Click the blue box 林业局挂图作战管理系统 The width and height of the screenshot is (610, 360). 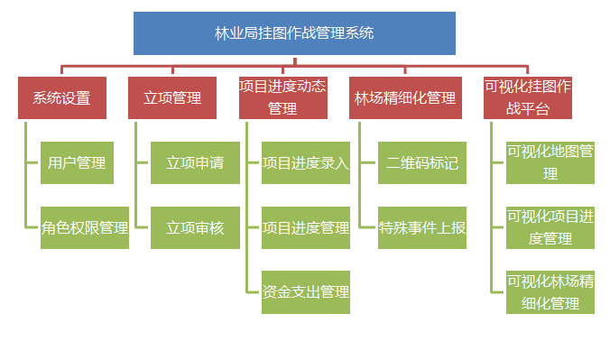(x=294, y=33)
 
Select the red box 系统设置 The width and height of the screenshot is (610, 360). (x=61, y=97)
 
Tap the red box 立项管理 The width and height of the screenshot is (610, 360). (x=172, y=97)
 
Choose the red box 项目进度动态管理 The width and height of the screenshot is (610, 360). (x=282, y=97)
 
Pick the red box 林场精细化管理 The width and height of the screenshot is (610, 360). (x=405, y=97)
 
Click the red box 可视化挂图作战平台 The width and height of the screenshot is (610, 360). (x=528, y=97)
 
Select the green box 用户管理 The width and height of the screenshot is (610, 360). (x=77, y=163)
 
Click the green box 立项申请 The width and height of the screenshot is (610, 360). (x=195, y=163)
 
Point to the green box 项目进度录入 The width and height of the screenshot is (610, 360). (x=305, y=163)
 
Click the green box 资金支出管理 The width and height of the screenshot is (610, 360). (x=305, y=291)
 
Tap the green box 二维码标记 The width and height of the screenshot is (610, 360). (x=421, y=163)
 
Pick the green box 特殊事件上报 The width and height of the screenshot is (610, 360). (x=421, y=227)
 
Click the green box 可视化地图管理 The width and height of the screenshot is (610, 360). (x=550, y=162)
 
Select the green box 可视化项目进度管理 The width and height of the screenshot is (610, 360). (x=550, y=227)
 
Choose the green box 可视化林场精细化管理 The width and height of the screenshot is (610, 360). (x=550, y=291)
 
